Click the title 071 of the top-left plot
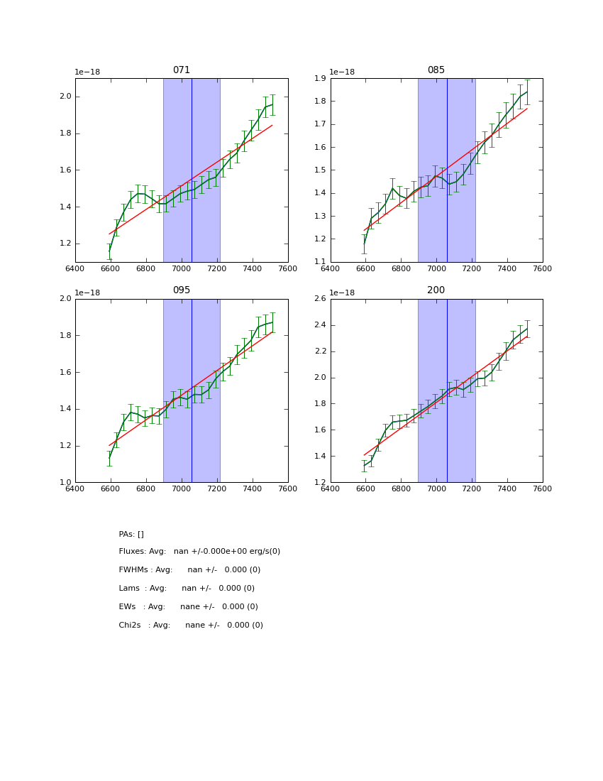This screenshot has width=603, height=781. point(182,70)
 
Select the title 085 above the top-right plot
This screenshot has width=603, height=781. point(436,70)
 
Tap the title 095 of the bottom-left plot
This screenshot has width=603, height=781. point(182,290)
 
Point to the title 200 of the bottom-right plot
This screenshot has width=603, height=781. point(436,290)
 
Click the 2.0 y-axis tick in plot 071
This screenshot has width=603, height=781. point(65,97)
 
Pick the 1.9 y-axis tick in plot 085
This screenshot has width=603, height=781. point(321,79)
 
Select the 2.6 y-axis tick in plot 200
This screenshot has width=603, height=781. point(321,299)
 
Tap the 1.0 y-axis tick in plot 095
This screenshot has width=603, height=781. point(65,482)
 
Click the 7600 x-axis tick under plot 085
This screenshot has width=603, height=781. point(542,268)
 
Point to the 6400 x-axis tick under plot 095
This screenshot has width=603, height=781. point(75,488)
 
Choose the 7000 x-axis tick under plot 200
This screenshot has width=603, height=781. point(436,488)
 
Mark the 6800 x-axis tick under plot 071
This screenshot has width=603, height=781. point(145,268)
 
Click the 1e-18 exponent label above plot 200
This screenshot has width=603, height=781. point(343,293)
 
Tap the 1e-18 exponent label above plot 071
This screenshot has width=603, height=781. point(87,72)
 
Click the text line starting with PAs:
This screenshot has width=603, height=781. point(131,534)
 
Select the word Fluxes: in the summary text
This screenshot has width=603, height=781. point(133,552)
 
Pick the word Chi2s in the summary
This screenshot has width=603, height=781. point(131,626)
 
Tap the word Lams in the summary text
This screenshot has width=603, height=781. point(129,589)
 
